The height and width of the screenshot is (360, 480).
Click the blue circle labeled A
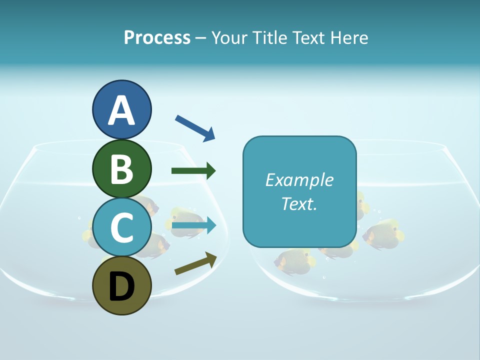(121, 109)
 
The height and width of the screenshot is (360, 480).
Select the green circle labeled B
(121, 168)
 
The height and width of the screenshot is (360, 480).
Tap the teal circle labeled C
(121, 227)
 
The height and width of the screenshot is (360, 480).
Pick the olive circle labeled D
(121, 285)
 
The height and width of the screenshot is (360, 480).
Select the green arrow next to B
(193, 171)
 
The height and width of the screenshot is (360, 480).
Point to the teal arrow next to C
(194, 226)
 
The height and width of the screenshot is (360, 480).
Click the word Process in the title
(157, 37)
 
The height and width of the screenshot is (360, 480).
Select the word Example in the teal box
(299, 180)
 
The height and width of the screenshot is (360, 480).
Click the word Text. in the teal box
(299, 203)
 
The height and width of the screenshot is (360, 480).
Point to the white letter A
(121, 110)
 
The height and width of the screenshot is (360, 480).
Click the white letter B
(121, 169)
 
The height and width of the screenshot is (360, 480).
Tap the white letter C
(121, 227)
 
